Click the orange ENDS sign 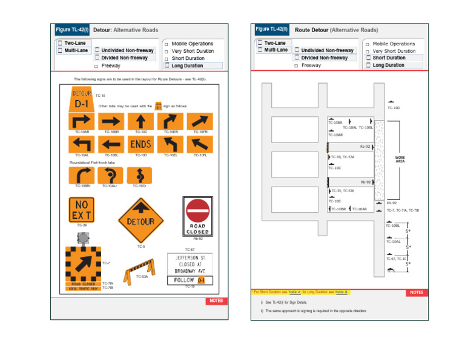pyautogui.click(x=140, y=144)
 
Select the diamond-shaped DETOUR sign pyautogui.click(x=140, y=222)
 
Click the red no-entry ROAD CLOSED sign pyautogui.click(x=197, y=216)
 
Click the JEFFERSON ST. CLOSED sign pyautogui.click(x=190, y=264)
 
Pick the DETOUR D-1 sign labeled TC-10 pyautogui.click(x=82, y=99)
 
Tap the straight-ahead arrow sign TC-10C pyautogui.click(x=140, y=121)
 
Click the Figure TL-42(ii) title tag pyautogui.click(x=271, y=29)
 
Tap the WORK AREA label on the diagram pyautogui.click(x=400, y=159)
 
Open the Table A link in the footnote pyautogui.click(x=295, y=292)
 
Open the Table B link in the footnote pyautogui.click(x=341, y=292)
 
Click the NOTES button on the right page pyautogui.click(x=416, y=292)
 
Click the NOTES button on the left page pyautogui.click(x=216, y=301)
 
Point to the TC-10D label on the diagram pyautogui.click(x=394, y=108)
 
